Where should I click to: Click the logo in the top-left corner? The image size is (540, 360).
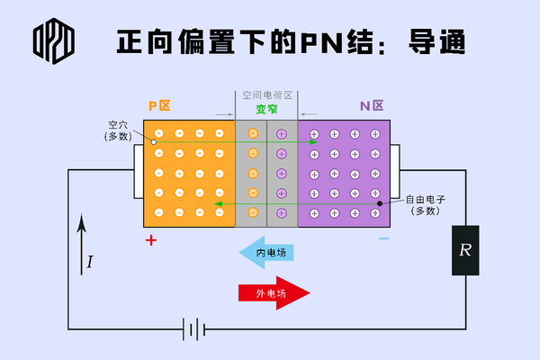coord(53,40)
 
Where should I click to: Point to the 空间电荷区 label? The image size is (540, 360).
coord(267,94)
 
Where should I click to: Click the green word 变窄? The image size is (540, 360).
coord(267,109)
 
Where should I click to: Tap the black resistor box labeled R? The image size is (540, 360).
coord(464,250)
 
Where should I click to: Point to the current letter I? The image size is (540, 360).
coord(90,263)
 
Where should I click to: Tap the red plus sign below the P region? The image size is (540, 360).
coord(151,240)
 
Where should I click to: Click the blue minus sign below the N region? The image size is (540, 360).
coord(384,239)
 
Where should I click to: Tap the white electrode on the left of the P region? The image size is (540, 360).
coord(138,171)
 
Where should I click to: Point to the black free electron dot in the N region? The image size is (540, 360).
coord(379,203)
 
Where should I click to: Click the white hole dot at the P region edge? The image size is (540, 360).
coord(154,141)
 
